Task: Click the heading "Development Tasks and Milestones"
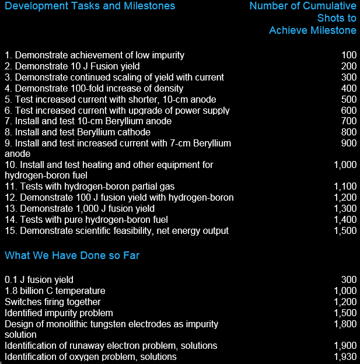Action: pyautogui.click(x=90, y=6)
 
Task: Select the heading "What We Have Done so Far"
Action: pyautogui.click(x=72, y=256)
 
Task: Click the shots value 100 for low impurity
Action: pyautogui.click(x=348, y=55)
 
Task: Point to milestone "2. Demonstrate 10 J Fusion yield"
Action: pyautogui.click(x=72, y=66)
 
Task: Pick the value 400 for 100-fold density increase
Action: pyautogui.click(x=348, y=89)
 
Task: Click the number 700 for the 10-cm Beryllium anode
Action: pyautogui.click(x=348, y=121)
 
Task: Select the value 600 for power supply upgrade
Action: pyautogui.click(x=348, y=111)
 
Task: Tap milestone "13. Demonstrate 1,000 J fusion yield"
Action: pyautogui.click(x=79, y=209)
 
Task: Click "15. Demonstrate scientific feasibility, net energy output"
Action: pyautogui.click(x=117, y=231)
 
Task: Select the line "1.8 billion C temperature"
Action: pyautogui.click(x=55, y=291)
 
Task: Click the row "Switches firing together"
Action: pyautogui.click(x=53, y=302)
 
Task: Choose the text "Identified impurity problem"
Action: pyautogui.click(x=59, y=313)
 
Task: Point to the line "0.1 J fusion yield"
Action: pyautogui.click(x=39, y=280)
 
